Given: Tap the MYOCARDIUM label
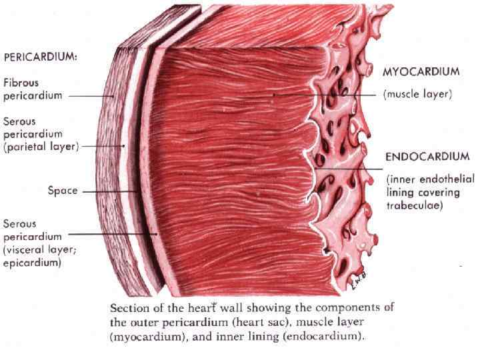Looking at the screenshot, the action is coord(421,71).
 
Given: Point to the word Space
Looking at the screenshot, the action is coord(63,191).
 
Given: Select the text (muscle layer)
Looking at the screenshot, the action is coord(418,95).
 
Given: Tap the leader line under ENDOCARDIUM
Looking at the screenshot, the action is coord(347,168).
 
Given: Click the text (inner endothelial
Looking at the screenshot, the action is coord(430,179).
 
